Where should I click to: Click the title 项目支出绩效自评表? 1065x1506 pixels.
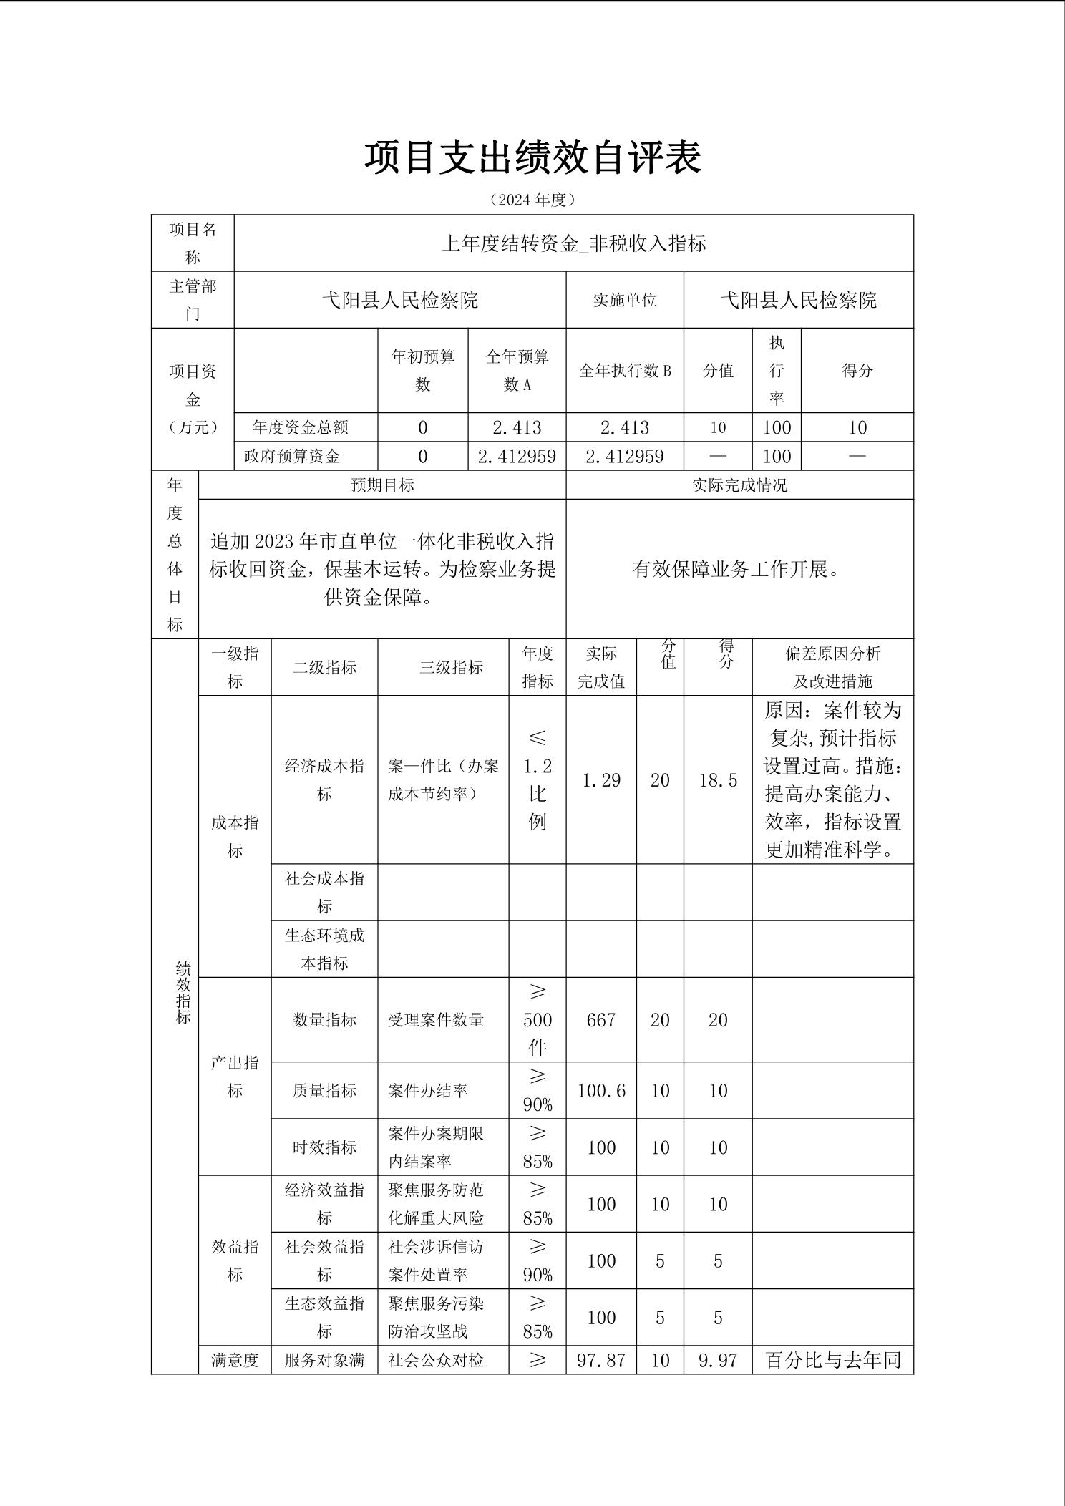pos(532,157)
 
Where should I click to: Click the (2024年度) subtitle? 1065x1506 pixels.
pos(532,200)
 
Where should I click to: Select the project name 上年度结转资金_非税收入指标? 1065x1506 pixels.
pos(573,243)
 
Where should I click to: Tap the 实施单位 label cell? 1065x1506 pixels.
pos(624,300)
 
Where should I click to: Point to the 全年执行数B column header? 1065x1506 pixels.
pos(624,371)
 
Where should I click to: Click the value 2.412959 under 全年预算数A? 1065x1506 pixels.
pos(517,456)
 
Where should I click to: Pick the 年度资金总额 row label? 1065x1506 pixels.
pos(301,427)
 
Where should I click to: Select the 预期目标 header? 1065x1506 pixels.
pos(382,485)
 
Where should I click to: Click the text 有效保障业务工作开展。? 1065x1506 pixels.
pos(739,569)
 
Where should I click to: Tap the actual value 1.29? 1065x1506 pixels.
pos(601,780)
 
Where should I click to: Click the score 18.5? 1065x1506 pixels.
pos(718,780)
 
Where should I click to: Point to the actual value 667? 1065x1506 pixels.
pos(601,1019)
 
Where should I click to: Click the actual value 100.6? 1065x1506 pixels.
pos(601,1090)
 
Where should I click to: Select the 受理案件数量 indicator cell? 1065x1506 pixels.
pos(436,1019)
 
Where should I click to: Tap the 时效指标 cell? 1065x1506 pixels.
pos(324,1147)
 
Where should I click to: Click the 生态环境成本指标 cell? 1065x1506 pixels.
pos(324,948)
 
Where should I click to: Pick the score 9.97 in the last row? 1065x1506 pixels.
pos(718,1360)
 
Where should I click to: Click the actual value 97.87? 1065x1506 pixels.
pos(601,1360)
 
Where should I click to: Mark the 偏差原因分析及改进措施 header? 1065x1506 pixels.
pos(832,667)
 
